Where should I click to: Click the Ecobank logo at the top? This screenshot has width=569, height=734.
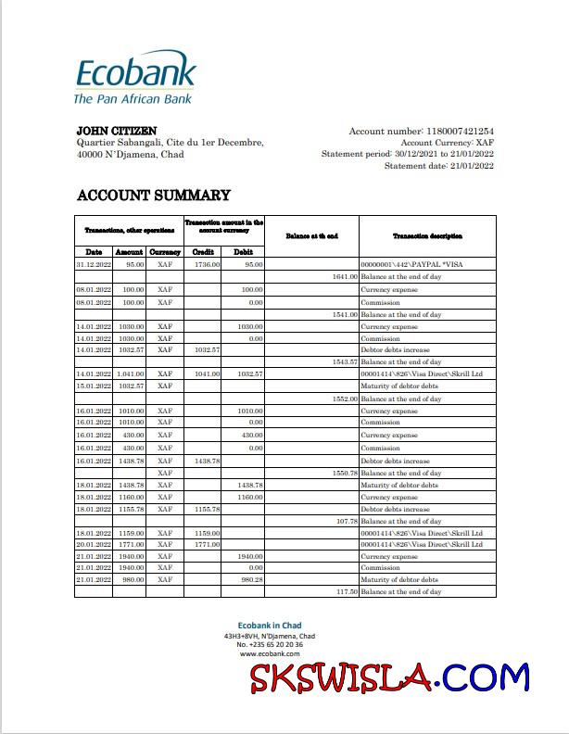pyautogui.click(x=134, y=80)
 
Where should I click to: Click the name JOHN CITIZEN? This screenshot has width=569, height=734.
pyautogui.click(x=117, y=131)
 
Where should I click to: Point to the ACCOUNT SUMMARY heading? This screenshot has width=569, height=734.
pyautogui.click(x=153, y=196)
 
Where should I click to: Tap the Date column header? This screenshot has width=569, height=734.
pyautogui.click(x=94, y=252)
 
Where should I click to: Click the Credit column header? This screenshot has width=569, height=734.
pyautogui.click(x=203, y=252)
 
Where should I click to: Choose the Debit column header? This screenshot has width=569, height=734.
pyautogui.click(x=244, y=252)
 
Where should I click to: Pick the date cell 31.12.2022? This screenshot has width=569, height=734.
pyautogui.click(x=94, y=265)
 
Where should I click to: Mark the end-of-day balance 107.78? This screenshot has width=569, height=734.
pyautogui.click(x=345, y=521)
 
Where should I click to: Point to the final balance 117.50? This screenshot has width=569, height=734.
pyautogui.click(x=345, y=591)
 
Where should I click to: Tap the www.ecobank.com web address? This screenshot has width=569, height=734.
pyautogui.click(x=270, y=653)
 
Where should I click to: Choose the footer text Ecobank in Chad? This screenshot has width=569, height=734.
pyautogui.click(x=270, y=626)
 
